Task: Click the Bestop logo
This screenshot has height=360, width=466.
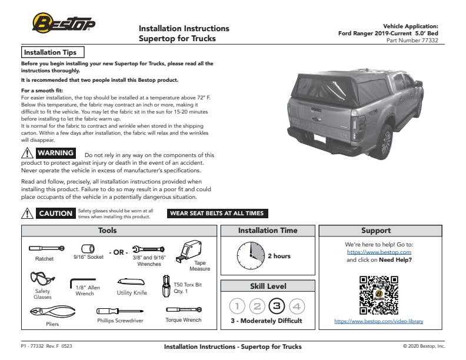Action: (x=63, y=24)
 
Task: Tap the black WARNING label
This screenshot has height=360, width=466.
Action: (x=56, y=153)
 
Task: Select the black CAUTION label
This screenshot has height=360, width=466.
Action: (x=55, y=214)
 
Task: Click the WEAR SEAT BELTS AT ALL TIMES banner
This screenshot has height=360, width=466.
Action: (x=217, y=214)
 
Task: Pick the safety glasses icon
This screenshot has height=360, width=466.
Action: (x=41, y=278)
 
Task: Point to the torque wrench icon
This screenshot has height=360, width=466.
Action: (x=184, y=309)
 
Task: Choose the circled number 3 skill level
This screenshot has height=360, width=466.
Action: (x=276, y=306)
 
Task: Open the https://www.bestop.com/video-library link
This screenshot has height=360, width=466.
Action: (x=378, y=321)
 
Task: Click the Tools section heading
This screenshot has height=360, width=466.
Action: (x=108, y=231)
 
